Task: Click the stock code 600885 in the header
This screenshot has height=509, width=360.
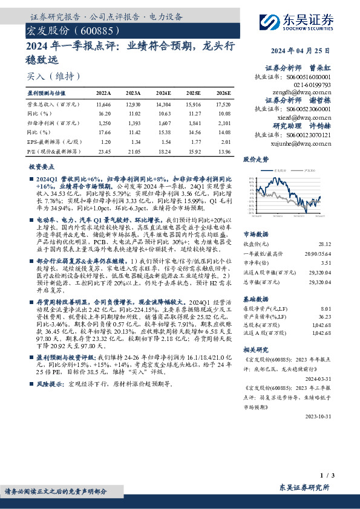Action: [x=93, y=30]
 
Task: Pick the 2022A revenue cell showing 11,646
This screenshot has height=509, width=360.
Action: [x=103, y=105]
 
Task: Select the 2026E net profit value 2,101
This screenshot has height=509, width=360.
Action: [x=224, y=122]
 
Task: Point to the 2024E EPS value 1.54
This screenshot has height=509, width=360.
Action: [x=163, y=142]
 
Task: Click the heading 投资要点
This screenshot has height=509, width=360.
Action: [x=42, y=166]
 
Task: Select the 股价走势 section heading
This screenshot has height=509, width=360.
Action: [x=255, y=160]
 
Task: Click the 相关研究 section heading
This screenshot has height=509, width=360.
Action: [x=255, y=349]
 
